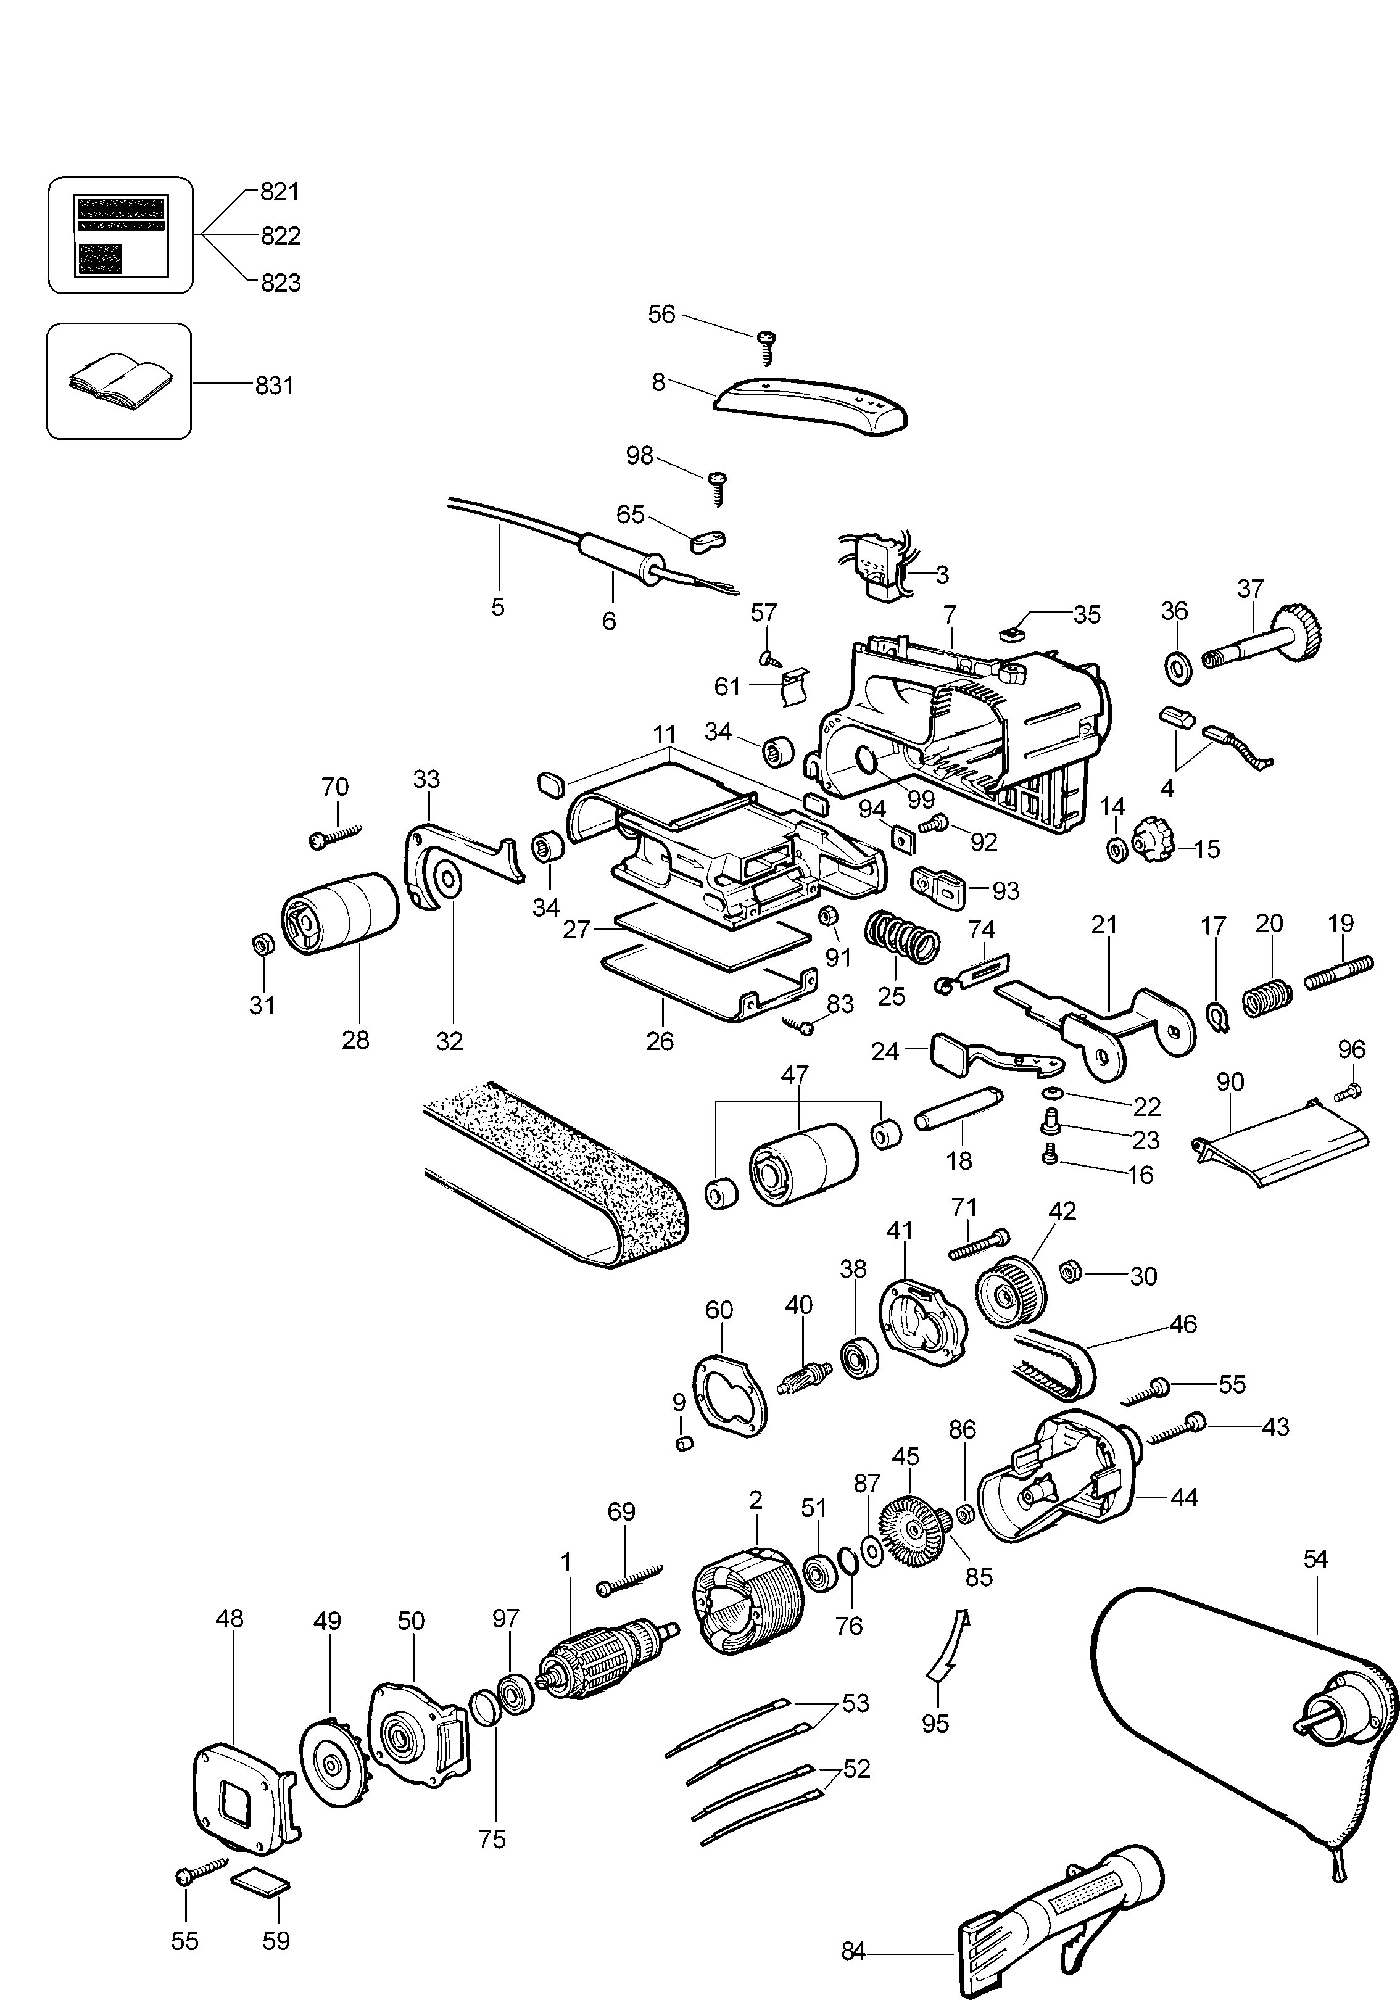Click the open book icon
pos(119,381)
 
